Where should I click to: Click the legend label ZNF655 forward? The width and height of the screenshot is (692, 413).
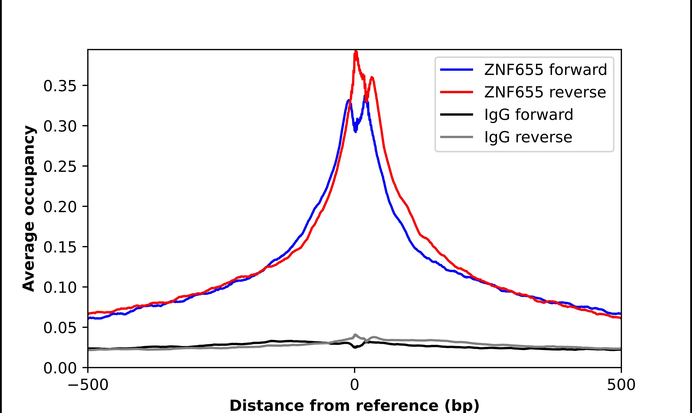[x=545, y=70]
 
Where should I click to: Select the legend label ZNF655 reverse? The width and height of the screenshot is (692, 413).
[x=545, y=92]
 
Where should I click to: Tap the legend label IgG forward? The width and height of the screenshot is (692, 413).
[x=529, y=115]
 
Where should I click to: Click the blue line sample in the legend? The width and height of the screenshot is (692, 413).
[x=457, y=70]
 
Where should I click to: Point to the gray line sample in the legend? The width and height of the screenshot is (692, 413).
[x=457, y=137]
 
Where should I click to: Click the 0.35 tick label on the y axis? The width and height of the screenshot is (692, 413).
[x=60, y=86]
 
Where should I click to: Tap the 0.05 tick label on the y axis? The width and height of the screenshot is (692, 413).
[x=60, y=328]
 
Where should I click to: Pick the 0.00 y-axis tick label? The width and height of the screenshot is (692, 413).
[x=60, y=368]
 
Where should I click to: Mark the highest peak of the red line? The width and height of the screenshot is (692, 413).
[x=356, y=52]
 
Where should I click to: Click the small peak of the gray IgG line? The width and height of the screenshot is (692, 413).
[x=355, y=335]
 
